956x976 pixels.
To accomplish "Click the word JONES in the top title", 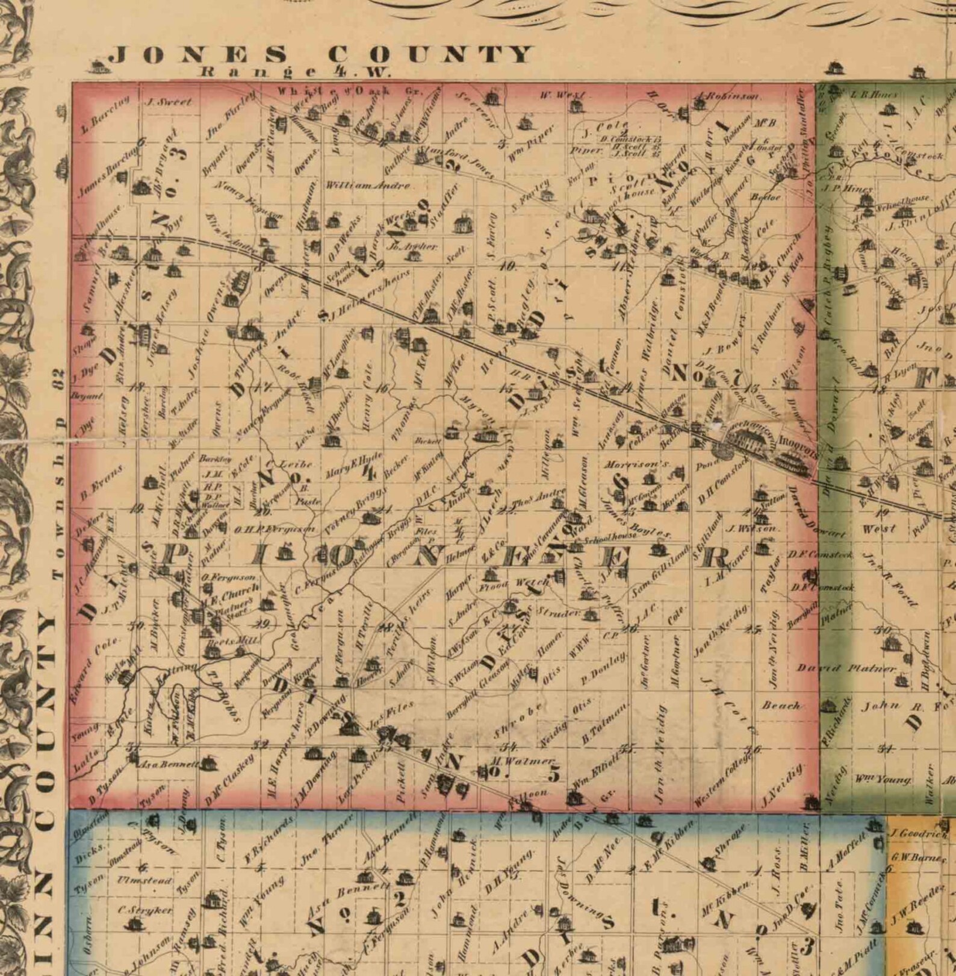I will pos(199,55).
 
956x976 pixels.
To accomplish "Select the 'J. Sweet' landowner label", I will pos(169,102).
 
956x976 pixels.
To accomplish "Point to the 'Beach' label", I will pos(781,705).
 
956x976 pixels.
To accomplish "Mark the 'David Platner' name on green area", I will pos(846,668).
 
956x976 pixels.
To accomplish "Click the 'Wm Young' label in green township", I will pos(883,780).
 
